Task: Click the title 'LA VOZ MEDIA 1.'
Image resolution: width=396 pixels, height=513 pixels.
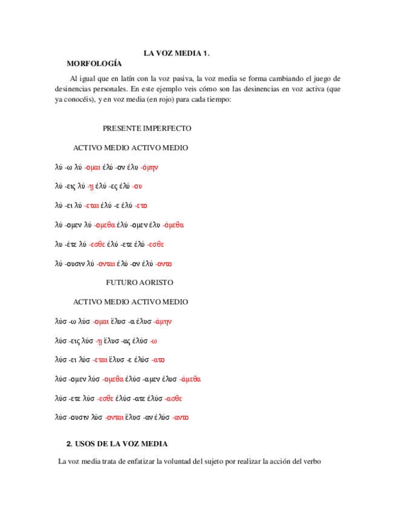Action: [177, 53]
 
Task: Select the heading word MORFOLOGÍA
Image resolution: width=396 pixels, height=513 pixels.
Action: [94, 63]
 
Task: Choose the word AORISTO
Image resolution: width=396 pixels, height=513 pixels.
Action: [157, 283]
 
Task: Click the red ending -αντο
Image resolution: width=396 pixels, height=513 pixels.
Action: [181, 418]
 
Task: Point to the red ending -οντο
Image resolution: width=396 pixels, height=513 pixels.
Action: [164, 264]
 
